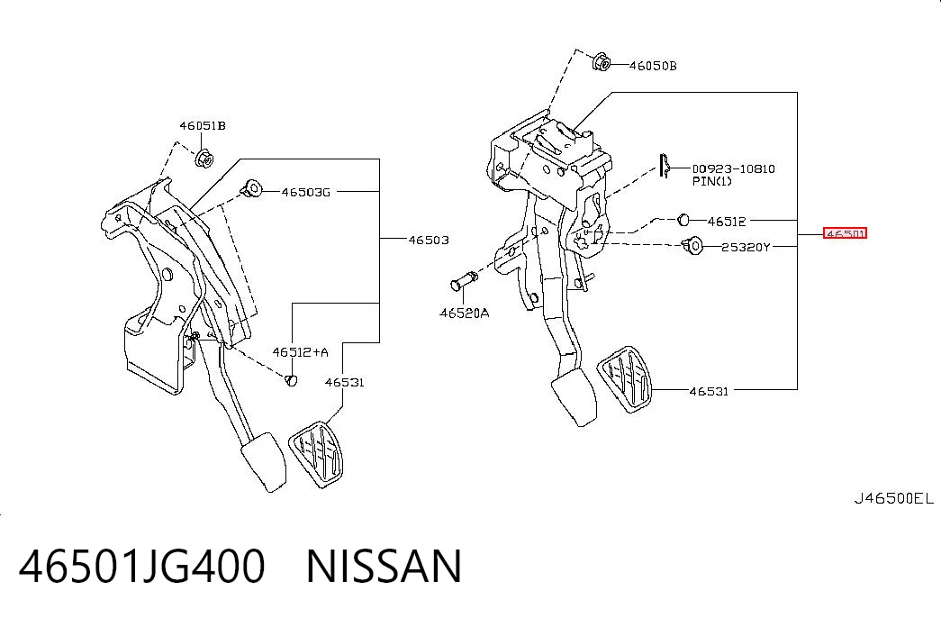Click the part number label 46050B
pyautogui.click(x=652, y=66)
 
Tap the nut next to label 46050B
pyautogui.click(x=602, y=62)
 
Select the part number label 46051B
pyautogui.click(x=203, y=125)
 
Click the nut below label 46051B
pyautogui.click(x=204, y=159)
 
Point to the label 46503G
pyautogui.click(x=305, y=192)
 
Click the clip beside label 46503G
pyautogui.click(x=251, y=189)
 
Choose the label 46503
pyautogui.click(x=429, y=240)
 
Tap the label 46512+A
pyautogui.click(x=300, y=352)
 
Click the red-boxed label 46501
pyautogui.click(x=845, y=233)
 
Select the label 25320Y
pyautogui.click(x=746, y=247)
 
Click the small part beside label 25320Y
pyautogui.click(x=692, y=245)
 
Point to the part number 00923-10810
pyautogui.click(x=733, y=168)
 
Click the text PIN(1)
pyautogui.click(x=711, y=181)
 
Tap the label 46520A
pyautogui.click(x=464, y=313)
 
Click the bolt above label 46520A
pyautogui.click(x=464, y=281)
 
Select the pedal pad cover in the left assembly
pyautogui.click(x=317, y=455)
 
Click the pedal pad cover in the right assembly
pyautogui.click(x=625, y=379)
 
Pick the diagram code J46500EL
pyautogui.click(x=894, y=498)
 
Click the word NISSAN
pyautogui.click(x=385, y=566)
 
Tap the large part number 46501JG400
pyautogui.click(x=141, y=566)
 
